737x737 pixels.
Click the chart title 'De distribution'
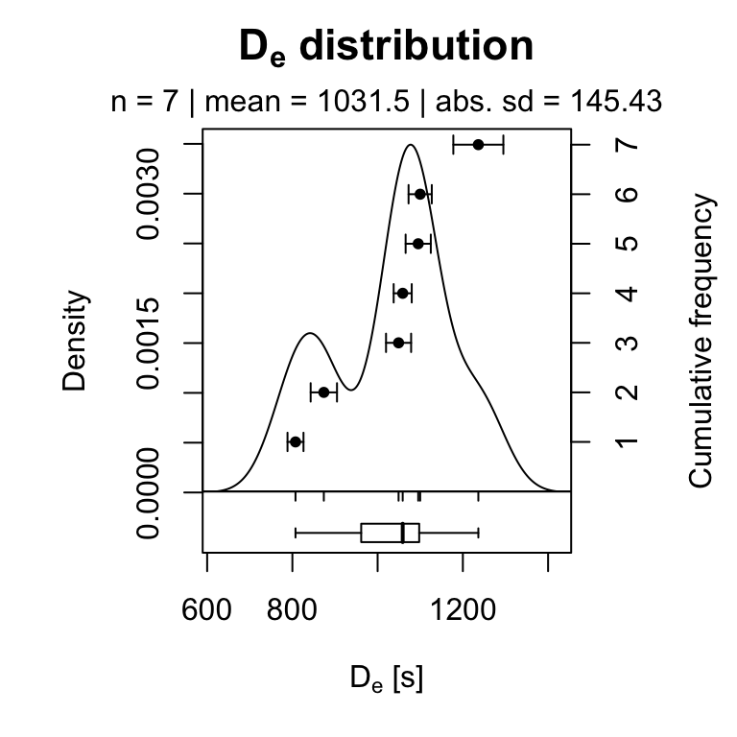coord(387,47)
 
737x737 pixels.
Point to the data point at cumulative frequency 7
coord(478,144)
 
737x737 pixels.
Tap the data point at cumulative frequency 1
coord(296,441)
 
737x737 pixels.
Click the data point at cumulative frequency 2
coord(323,392)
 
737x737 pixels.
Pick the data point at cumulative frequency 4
coord(402,293)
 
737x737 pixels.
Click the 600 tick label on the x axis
coord(207,611)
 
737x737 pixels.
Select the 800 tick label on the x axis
coord(293,611)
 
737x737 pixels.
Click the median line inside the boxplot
coord(403,533)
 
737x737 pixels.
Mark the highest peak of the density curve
coord(411,146)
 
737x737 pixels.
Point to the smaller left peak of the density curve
coord(309,333)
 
